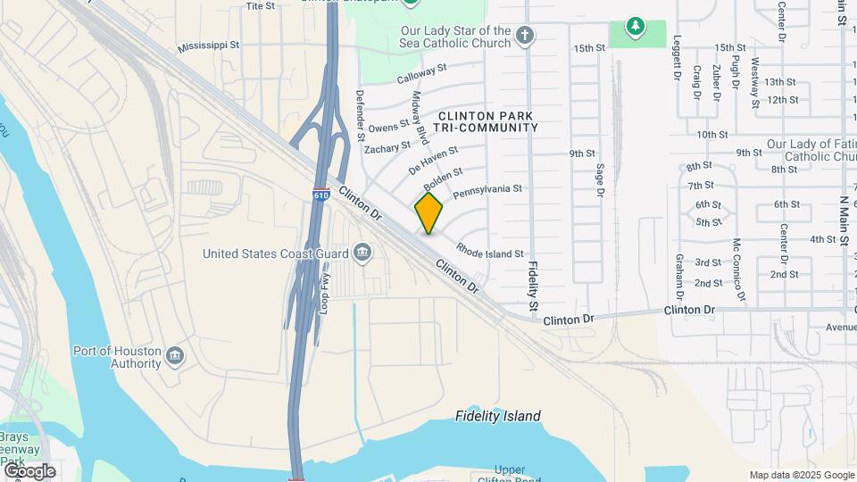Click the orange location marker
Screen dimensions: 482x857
(429, 212)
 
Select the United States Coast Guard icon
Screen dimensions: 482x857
(362, 253)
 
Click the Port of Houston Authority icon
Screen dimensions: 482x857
(174, 357)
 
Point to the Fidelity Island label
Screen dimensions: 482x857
(497, 416)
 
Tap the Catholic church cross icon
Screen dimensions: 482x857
(526, 37)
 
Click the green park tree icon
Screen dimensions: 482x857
(635, 27)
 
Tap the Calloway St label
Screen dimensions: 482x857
(420, 71)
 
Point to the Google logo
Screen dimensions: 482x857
(29, 470)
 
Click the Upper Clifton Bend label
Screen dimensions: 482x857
(510, 475)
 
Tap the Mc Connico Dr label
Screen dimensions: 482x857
(738, 267)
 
